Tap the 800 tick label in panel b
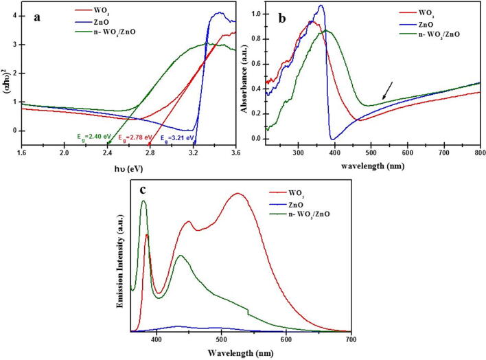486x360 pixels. [x=479, y=152]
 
